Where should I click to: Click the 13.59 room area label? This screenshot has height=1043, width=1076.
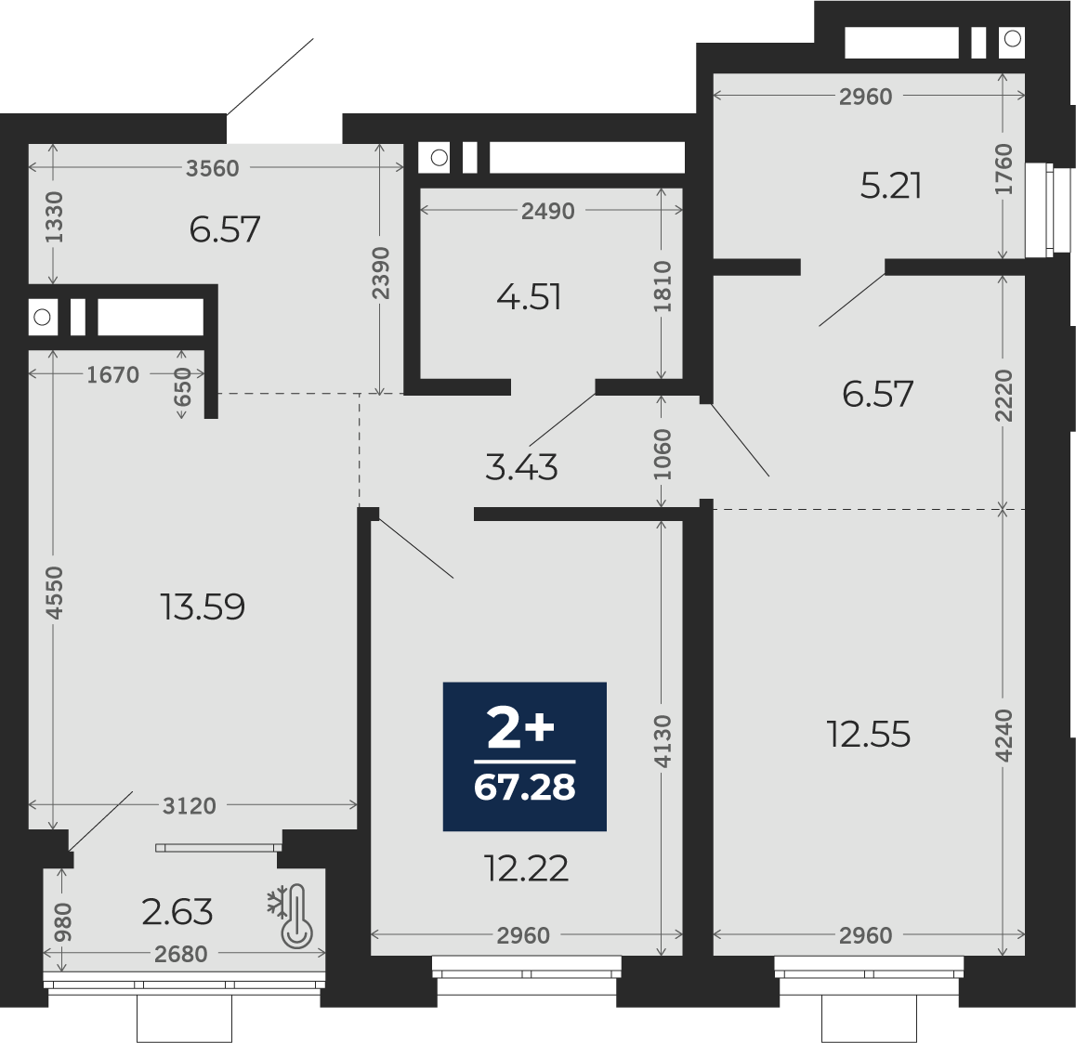tap(203, 606)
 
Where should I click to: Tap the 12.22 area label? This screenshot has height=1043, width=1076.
tap(526, 868)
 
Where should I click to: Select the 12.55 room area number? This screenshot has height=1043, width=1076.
tap(869, 735)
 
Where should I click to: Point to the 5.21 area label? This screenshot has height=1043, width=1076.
tap(891, 186)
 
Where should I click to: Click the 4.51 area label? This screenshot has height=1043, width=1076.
tap(529, 297)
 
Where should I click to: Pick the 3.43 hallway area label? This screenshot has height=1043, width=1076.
tap(521, 468)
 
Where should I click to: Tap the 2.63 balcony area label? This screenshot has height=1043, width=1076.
tap(177, 912)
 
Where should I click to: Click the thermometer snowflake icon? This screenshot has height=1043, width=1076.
tap(291, 916)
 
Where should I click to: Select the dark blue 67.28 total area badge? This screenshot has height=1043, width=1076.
tap(525, 756)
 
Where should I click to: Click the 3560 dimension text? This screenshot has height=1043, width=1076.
tap(213, 168)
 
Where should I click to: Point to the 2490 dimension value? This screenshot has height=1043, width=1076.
tap(547, 211)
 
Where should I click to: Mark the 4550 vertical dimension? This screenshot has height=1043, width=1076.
tap(54, 593)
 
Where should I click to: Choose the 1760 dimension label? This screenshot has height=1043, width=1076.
tap(1004, 169)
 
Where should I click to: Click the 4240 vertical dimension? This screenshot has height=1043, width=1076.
tap(1004, 736)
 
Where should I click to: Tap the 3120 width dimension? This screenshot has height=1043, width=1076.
tap(190, 806)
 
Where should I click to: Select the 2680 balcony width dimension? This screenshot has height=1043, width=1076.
tap(181, 954)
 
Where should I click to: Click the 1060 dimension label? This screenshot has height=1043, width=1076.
tap(663, 455)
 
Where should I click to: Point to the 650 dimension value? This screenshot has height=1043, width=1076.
tap(182, 386)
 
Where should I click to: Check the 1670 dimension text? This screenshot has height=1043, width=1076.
tap(113, 375)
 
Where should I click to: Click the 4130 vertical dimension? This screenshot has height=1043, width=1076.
tap(663, 742)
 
